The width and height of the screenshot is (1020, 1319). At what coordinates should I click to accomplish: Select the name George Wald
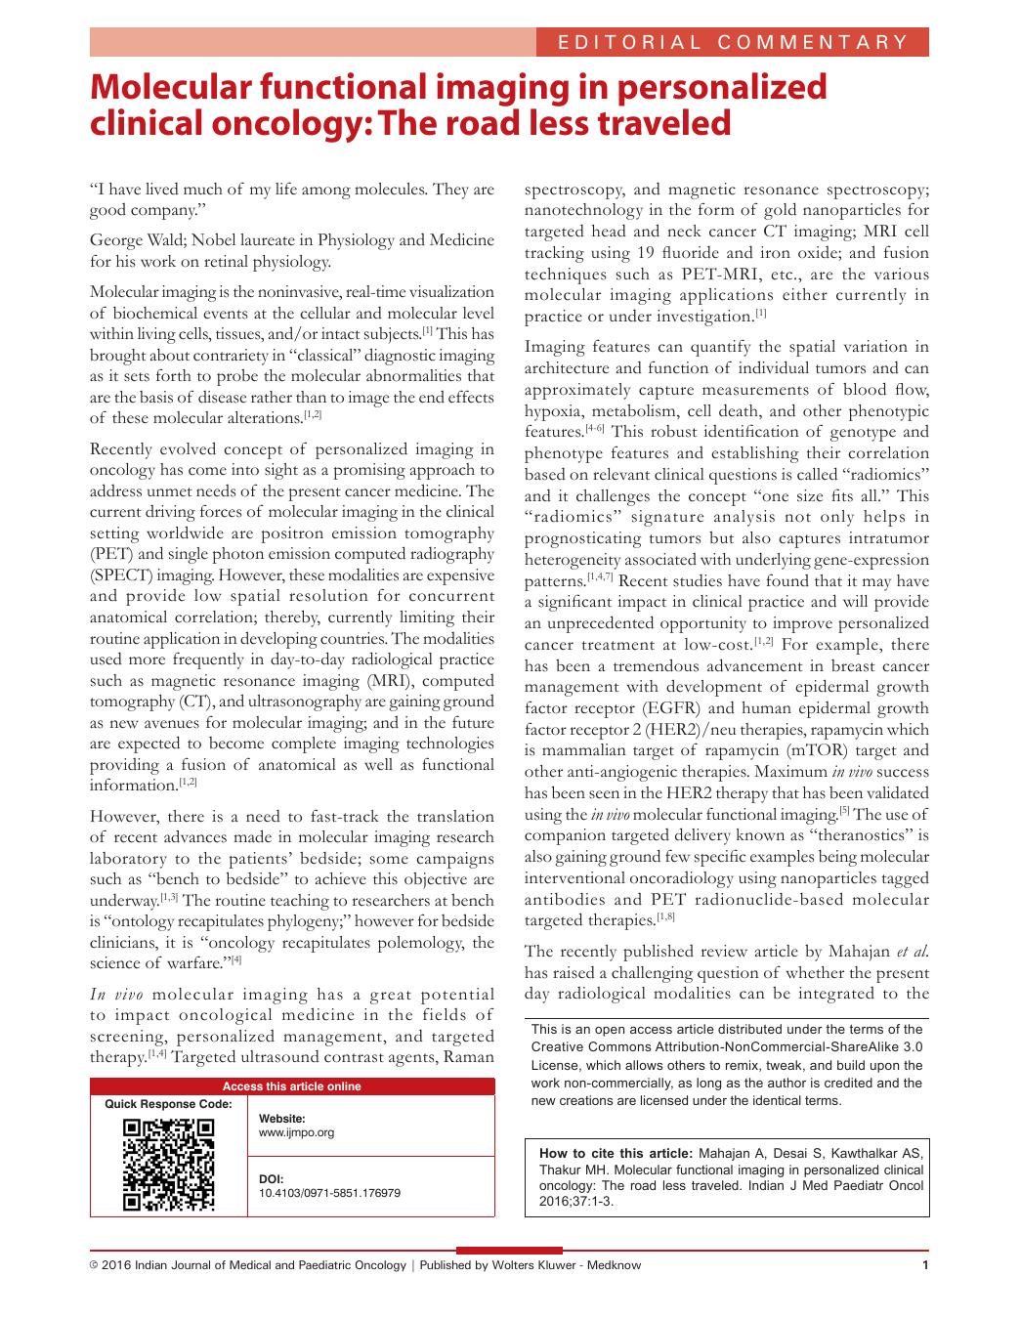click(133, 240)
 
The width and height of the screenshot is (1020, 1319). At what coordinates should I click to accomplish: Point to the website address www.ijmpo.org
click(296, 1133)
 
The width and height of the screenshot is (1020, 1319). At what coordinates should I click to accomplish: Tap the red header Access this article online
click(291, 1086)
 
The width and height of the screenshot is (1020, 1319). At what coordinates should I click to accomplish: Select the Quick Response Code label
click(168, 1104)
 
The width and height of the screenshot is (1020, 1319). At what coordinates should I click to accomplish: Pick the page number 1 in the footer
click(924, 1266)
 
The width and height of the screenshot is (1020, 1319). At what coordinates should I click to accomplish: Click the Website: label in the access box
click(281, 1119)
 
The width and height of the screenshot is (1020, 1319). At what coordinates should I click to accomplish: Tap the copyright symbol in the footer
click(94, 1266)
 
